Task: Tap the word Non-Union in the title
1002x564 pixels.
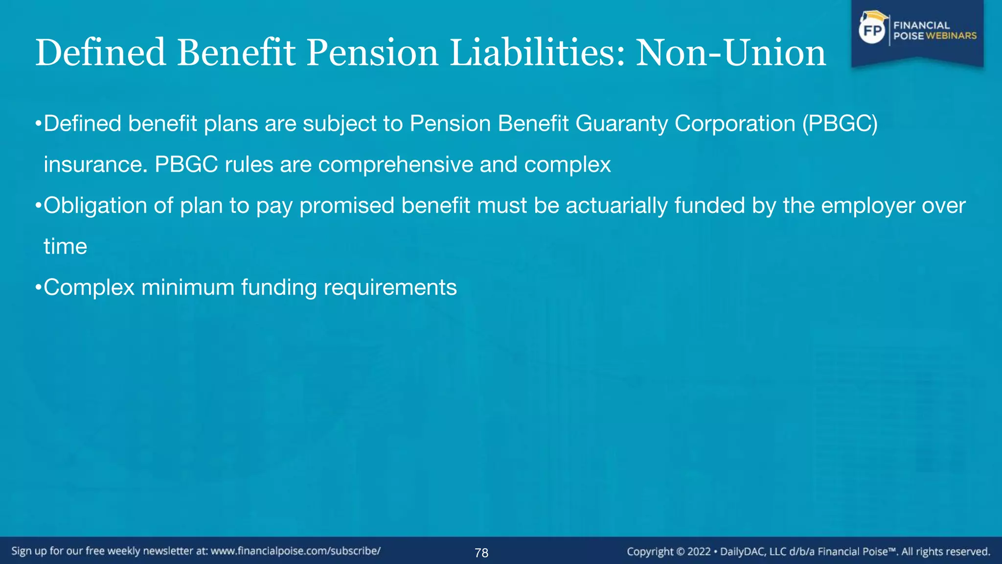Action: [x=730, y=53]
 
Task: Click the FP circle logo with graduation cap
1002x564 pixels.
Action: [x=872, y=30]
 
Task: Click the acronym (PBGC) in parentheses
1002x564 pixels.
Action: [x=840, y=123]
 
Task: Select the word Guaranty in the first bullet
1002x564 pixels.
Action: [x=621, y=123]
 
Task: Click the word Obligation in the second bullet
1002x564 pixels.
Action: [x=95, y=206]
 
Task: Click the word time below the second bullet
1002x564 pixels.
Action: [x=65, y=246]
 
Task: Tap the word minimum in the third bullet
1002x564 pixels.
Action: [x=187, y=287]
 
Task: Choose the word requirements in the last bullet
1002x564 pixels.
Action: [x=390, y=287]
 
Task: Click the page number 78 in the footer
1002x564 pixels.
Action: [x=481, y=553]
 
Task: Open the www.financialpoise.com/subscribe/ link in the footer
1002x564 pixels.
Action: [x=296, y=551]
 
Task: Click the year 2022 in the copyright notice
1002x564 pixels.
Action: [x=699, y=552]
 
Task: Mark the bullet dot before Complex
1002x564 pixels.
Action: [x=38, y=287]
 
